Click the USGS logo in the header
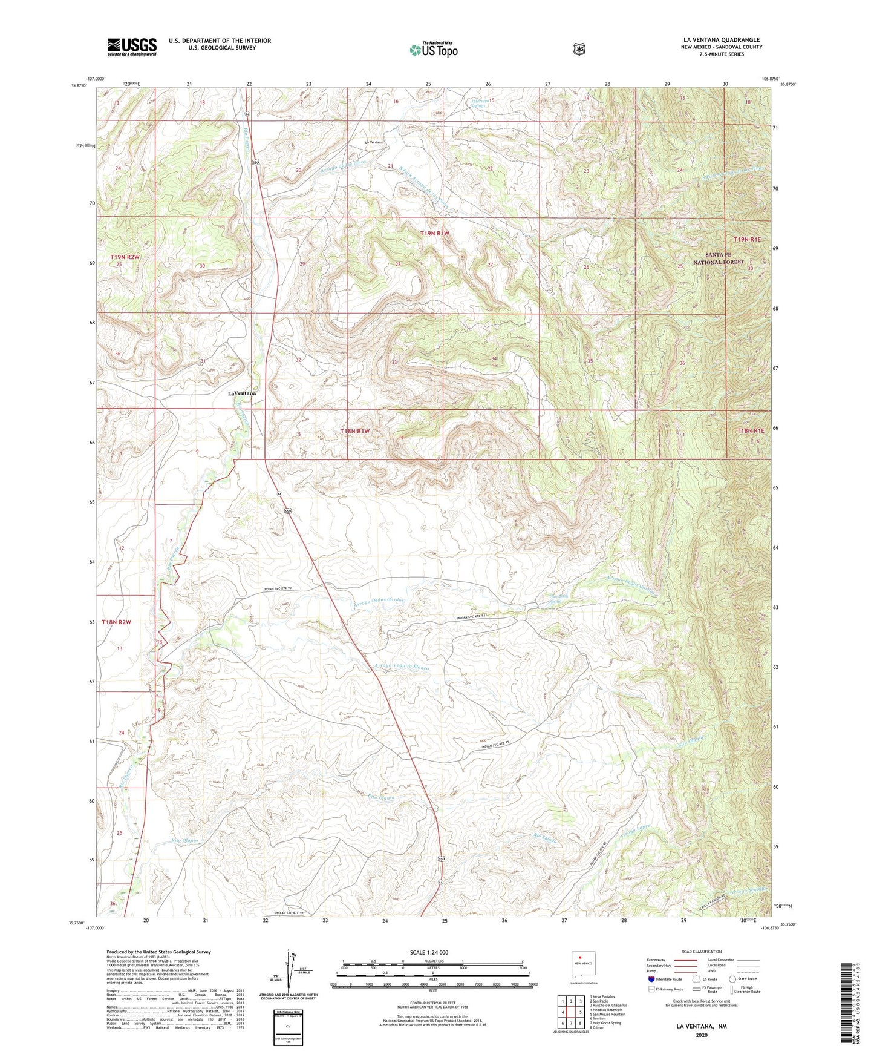point(132,47)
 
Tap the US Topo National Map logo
point(433,49)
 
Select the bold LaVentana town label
point(242,393)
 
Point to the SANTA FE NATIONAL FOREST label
point(717,258)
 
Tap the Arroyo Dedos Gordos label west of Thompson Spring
point(378,601)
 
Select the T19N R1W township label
point(435,233)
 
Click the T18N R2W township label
point(116,622)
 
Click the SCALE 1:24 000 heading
point(429,952)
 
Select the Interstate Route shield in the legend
point(651,978)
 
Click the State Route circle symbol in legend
point(732,978)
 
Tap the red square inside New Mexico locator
point(580,958)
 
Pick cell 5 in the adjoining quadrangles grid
point(580,1012)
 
